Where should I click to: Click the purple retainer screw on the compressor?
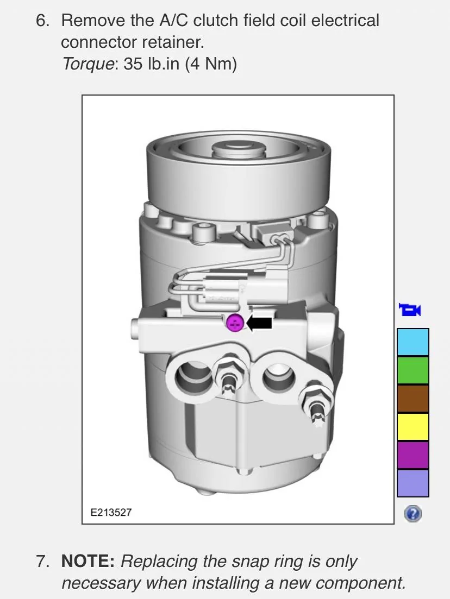click(235, 323)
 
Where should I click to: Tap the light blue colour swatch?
click(413, 342)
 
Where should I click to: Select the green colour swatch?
click(413, 370)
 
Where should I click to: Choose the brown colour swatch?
click(413, 399)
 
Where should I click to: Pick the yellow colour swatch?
click(413, 426)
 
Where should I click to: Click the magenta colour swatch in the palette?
click(413, 455)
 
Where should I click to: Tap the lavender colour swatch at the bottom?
click(413, 483)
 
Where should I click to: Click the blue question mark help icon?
click(413, 514)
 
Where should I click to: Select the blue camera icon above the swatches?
click(409, 310)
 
